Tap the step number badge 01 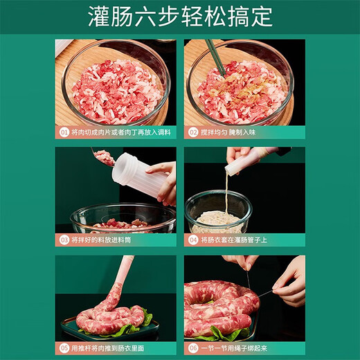(x=64, y=132)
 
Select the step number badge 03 (x=64, y=240)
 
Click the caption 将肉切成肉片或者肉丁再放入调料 (x=120, y=132)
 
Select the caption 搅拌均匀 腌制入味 (x=228, y=132)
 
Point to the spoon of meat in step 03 (x=105, y=158)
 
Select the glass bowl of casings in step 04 (x=219, y=211)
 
